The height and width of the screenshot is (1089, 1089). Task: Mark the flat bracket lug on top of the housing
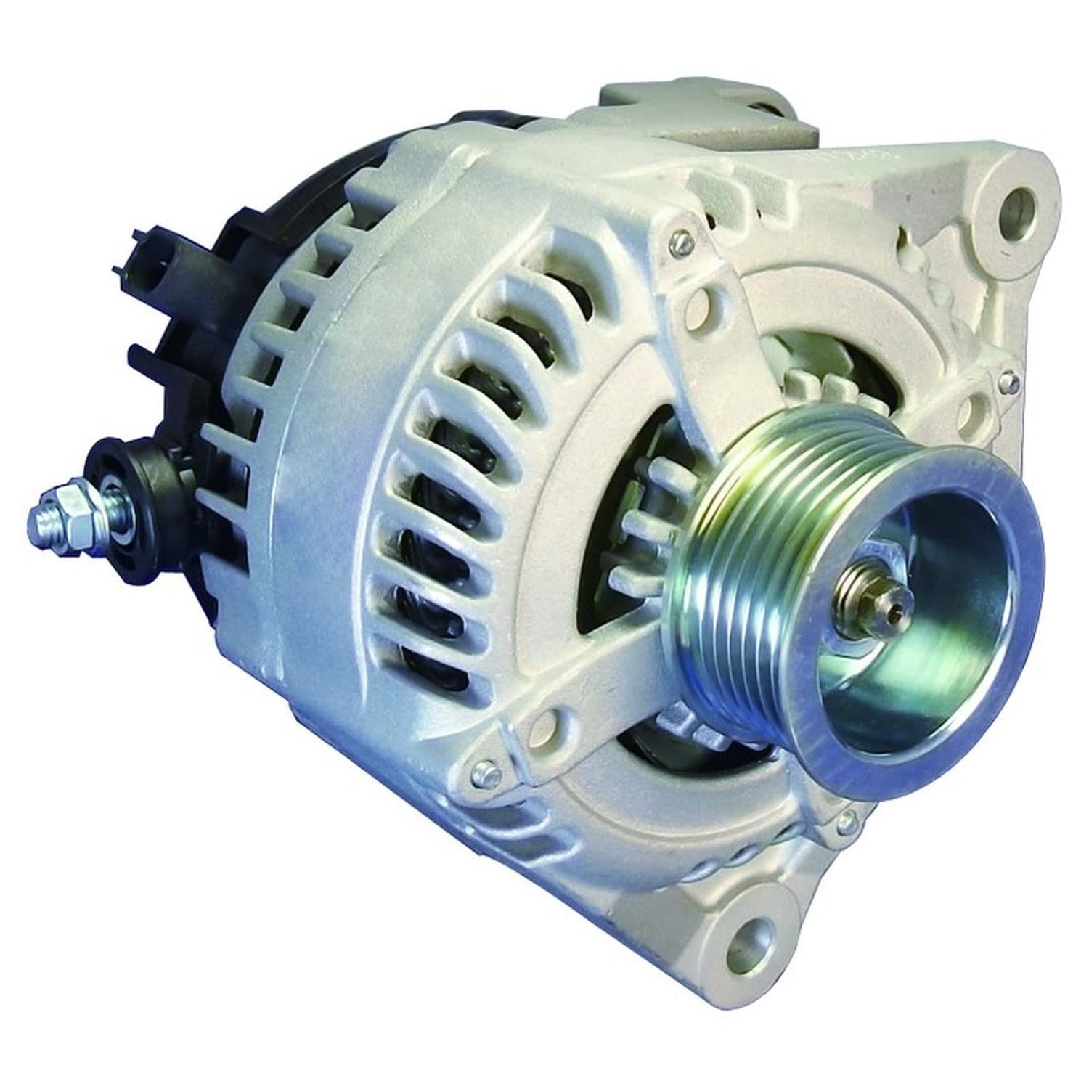[682, 120]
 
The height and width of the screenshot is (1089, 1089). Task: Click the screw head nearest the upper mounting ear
[1006, 377]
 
